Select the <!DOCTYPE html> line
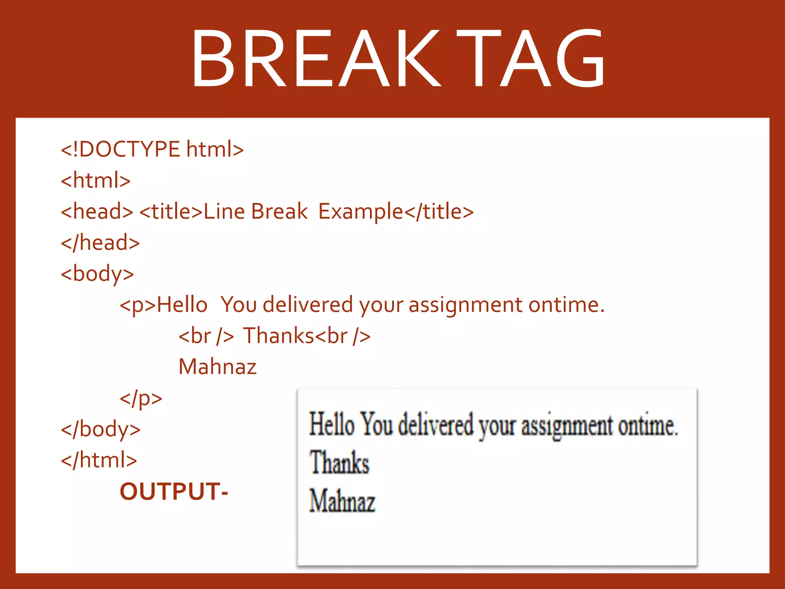tap(152, 149)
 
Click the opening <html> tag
tap(96, 180)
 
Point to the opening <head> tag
tap(97, 211)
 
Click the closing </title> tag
tap(439, 211)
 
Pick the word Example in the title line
tap(361, 212)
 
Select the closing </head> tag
tap(100, 243)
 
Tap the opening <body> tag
tap(97, 274)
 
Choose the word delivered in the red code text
tap(308, 305)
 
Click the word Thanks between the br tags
tap(279, 336)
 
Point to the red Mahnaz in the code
tap(217, 367)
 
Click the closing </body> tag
tap(101, 429)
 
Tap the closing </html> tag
tap(99, 460)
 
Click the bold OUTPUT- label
tap(174, 492)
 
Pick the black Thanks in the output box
tap(339, 463)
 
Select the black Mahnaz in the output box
tap(342, 501)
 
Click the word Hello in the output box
tap(332, 424)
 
